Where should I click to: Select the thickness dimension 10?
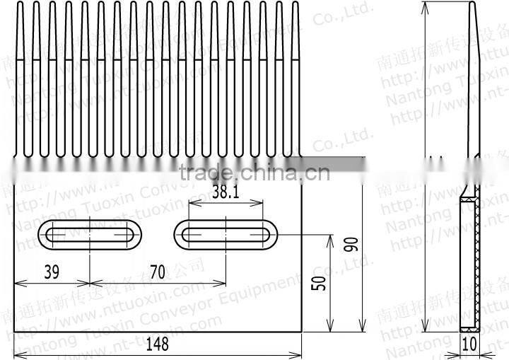469,344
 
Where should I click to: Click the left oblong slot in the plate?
90,234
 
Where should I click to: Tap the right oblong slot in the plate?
226,234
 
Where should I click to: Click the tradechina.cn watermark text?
254,172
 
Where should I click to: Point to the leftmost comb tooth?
20,78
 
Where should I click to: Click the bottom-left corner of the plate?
14,331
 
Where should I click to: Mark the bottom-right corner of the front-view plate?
302,331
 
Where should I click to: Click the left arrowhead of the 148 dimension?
17,354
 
